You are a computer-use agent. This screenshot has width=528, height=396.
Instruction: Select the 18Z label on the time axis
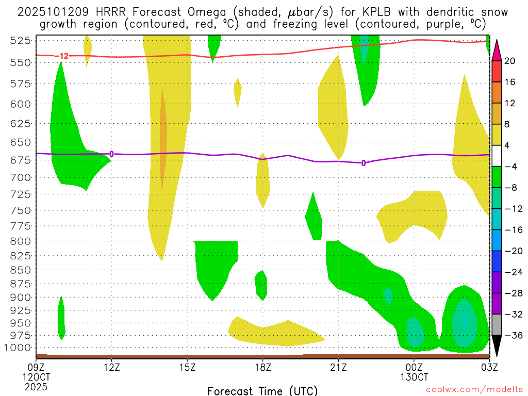click(x=262, y=367)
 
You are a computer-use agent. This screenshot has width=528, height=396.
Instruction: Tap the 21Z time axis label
click(x=338, y=367)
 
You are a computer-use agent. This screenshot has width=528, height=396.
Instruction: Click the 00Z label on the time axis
click(x=414, y=367)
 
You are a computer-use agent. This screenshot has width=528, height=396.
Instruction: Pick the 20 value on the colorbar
click(x=510, y=61)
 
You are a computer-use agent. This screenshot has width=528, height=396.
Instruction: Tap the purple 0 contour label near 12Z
click(x=111, y=154)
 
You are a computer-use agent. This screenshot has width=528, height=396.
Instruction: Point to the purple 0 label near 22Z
click(x=364, y=163)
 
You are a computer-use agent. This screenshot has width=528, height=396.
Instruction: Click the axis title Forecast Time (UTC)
click(x=262, y=390)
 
